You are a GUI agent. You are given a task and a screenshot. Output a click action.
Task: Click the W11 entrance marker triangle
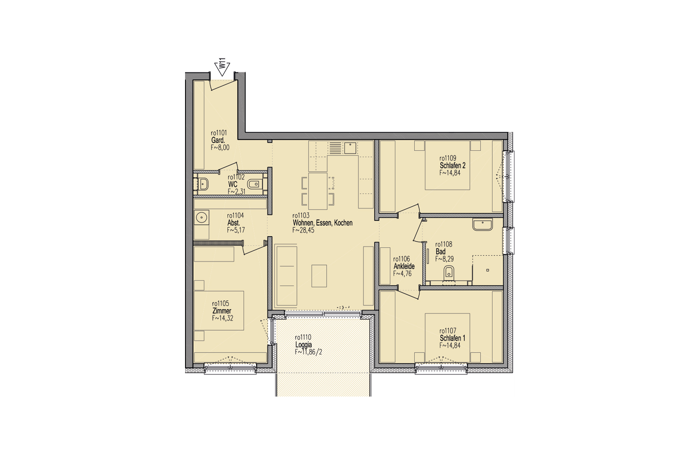[222, 69]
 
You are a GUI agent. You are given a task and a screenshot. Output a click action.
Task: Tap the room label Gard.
[218, 140]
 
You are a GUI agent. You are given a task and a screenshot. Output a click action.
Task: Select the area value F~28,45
[303, 230]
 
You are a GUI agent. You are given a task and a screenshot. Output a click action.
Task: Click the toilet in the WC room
[254, 184]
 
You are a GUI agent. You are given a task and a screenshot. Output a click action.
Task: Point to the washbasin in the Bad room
[482, 225]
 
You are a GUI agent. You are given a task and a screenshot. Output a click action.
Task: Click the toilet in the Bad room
[449, 273]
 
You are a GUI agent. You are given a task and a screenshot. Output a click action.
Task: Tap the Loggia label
[304, 345]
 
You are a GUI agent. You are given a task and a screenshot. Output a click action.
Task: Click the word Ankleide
[404, 266]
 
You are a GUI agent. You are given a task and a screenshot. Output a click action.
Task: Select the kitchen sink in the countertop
[350, 148]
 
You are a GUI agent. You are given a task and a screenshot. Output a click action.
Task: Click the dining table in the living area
[318, 191]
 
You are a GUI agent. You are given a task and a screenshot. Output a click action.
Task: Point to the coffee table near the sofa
[319, 276]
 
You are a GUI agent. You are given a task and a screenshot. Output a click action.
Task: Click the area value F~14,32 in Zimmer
[222, 318]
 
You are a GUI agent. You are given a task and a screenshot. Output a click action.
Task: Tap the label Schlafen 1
[453, 338]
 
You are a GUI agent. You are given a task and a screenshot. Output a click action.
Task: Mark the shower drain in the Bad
[488, 270]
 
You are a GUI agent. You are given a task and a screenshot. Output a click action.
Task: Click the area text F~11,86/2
[308, 352]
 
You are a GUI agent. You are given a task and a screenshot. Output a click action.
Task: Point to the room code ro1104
[236, 215]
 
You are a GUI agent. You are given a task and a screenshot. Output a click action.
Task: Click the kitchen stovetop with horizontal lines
[336, 148]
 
